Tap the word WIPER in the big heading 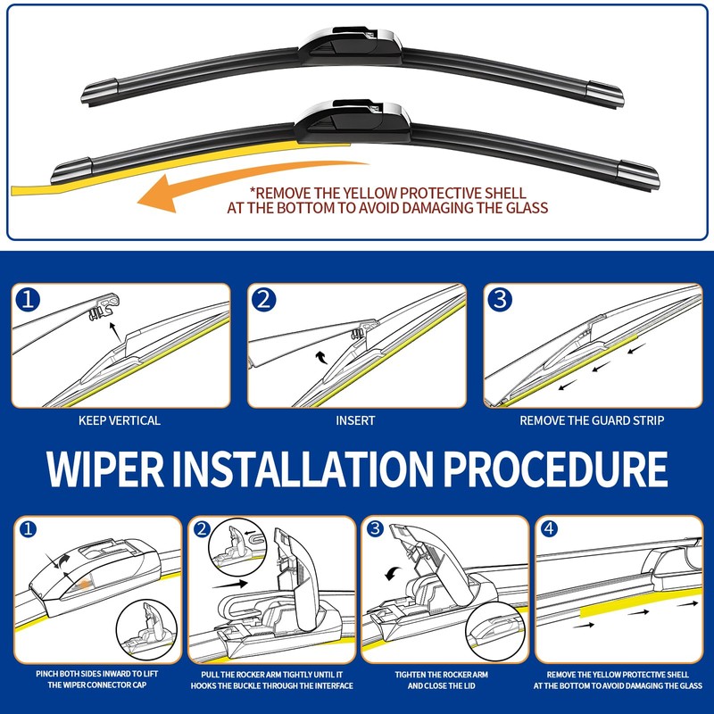[105, 469]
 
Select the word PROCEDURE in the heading [555, 469]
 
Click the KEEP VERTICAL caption [120, 420]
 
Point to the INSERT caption [355, 420]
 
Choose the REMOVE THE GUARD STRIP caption [592, 420]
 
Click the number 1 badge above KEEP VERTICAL [28, 300]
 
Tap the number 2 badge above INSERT [263, 300]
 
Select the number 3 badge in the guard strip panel [500, 300]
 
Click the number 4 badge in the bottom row [548, 528]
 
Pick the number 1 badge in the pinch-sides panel [28, 529]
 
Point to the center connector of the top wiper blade [350, 46]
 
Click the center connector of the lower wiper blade [352, 120]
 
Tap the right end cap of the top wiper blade [604, 95]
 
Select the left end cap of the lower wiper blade [72, 170]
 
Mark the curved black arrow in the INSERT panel [322, 357]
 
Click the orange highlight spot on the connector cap [84, 584]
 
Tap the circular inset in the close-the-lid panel [495, 631]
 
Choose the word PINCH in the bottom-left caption [47, 674]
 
